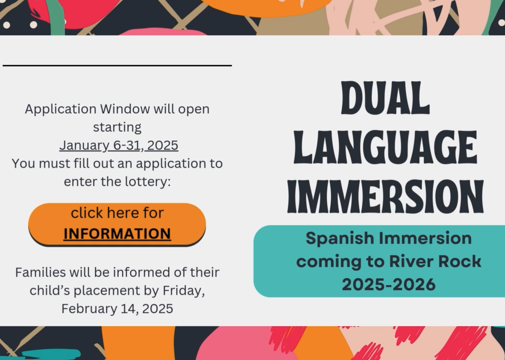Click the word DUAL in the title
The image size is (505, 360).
[385, 98]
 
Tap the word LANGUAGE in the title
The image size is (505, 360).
[385, 147]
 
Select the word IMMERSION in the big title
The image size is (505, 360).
[385, 196]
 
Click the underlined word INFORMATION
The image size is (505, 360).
[117, 234]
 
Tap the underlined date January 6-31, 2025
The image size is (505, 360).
[119, 145]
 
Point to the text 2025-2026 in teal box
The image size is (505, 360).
[388, 285]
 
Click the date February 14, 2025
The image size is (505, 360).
[117, 308]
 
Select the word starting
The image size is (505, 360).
[117, 128]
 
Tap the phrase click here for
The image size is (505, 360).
[117, 213]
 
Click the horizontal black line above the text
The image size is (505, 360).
[117, 65]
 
